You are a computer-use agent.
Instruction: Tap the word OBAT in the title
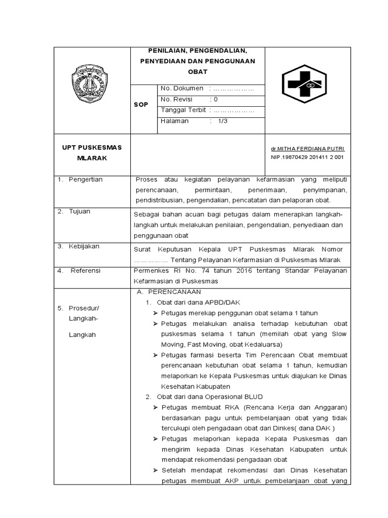198,71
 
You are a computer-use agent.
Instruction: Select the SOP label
141,105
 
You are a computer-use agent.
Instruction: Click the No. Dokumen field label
182,89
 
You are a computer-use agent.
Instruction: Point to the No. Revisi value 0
216,100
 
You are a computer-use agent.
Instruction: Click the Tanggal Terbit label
183,110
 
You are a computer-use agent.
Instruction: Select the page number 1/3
223,121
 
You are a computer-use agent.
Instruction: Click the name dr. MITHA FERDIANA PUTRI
307,149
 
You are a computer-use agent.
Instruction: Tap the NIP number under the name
307,157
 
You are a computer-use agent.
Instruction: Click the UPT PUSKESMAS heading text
88,147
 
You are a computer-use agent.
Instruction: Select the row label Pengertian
86,180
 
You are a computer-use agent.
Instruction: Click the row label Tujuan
80,211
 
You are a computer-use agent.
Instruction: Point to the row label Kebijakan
84,246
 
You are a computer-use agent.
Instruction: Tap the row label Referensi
85,271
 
